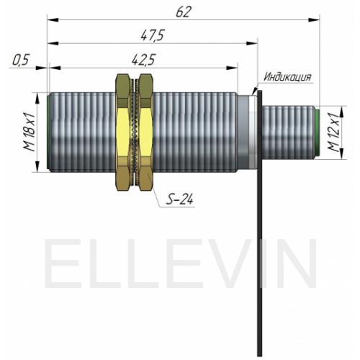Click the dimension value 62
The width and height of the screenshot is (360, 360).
pos(184,12)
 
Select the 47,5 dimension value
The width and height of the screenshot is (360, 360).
pos(153,35)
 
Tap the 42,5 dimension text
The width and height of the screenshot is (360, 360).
pos(144,59)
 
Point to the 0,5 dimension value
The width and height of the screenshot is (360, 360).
pos(21,60)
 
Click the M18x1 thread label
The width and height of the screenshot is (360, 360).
pos(30,132)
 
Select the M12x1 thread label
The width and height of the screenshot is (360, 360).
pos(334,132)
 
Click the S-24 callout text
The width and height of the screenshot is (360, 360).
pos(180,199)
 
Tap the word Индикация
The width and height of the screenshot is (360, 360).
pos(287,77)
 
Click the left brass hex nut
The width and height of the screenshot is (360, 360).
pos(123,132)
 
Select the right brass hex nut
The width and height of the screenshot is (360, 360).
pos(146,132)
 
